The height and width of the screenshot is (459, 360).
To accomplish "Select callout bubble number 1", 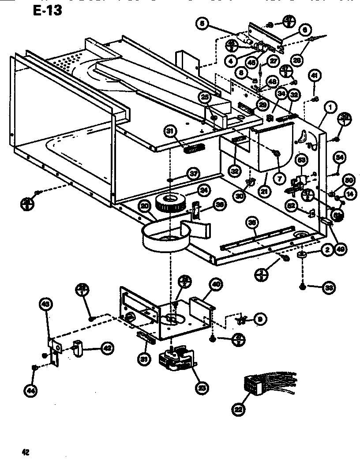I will [x=330, y=107].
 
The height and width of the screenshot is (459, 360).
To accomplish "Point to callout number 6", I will [x=304, y=30].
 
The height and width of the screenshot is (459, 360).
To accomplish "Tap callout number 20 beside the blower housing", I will [x=144, y=206].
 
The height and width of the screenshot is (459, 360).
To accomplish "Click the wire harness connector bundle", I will [x=260, y=384].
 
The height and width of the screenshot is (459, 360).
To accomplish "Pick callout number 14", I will [x=349, y=193].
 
